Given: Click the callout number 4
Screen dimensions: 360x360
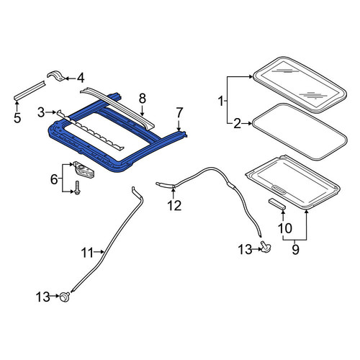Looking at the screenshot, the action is click(81, 78).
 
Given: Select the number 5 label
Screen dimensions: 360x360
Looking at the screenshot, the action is click(17, 117).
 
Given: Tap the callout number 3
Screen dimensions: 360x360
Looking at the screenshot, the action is click(41, 112).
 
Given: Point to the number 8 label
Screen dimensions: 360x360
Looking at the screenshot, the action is click(142, 99).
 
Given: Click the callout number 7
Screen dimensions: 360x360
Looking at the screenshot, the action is click(179, 112).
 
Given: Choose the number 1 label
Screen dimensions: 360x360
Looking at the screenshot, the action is click(221, 102).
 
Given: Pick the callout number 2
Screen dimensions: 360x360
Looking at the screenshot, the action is click(237, 124).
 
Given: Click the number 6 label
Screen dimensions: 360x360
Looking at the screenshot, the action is click(54, 179).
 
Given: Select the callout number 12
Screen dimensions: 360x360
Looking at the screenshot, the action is click(174, 206).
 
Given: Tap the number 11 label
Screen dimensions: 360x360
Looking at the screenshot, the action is click(87, 253).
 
